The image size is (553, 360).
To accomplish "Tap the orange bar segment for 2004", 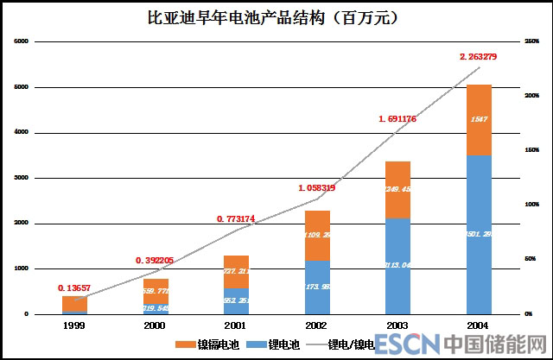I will [480, 120].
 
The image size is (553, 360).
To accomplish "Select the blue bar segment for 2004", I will [480, 234].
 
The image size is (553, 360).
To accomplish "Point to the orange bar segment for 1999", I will [75, 303].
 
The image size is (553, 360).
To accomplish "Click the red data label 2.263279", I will [480, 57].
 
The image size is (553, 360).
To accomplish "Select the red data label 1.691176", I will [397, 119].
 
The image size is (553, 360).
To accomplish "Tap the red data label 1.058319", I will [317, 187].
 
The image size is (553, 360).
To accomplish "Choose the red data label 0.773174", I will [236, 219].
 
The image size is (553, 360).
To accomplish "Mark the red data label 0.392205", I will [156, 260].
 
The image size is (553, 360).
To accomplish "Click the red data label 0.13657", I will [75, 287].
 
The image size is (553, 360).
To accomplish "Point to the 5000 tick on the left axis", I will [22, 87].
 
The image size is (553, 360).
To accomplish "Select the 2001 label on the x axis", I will [236, 326].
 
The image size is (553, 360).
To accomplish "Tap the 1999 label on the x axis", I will [75, 326].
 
